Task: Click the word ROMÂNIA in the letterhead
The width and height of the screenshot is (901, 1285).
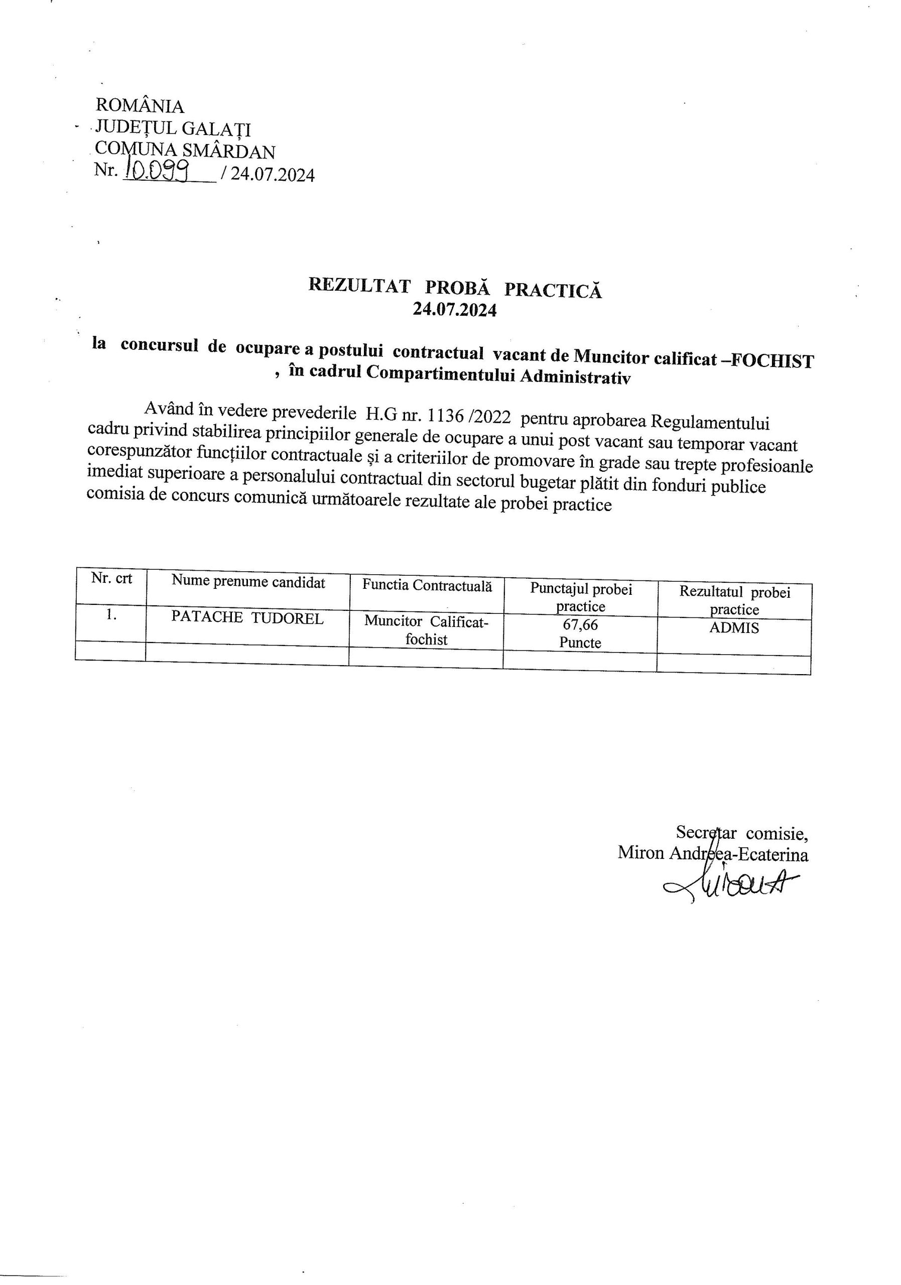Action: pos(140,106)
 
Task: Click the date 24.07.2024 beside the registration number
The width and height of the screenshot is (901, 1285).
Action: pos(273,175)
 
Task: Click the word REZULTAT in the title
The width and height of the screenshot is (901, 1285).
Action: pos(359,286)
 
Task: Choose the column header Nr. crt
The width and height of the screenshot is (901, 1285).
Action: pos(111,579)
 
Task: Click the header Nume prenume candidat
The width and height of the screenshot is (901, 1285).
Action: pos(248,582)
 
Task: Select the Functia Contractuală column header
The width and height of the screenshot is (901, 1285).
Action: pos(427,585)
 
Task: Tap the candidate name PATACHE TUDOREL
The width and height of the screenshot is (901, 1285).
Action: pos(247,618)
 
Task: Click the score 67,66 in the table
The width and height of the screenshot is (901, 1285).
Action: pos(580,624)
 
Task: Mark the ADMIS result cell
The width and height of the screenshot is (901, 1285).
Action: pos(734,628)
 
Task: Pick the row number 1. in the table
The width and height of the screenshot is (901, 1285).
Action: pos(111,614)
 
